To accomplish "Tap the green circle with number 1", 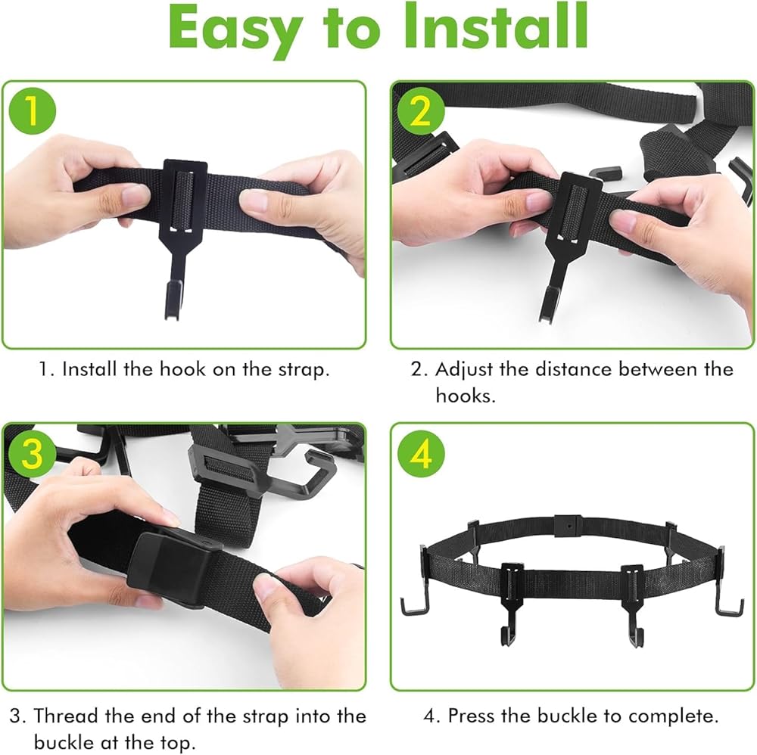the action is tap(33, 111).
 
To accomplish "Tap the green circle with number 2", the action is tap(421, 111).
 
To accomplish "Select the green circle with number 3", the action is tap(33, 453).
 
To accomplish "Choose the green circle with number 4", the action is tap(421, 453).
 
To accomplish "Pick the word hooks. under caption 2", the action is tap(466, 396).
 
